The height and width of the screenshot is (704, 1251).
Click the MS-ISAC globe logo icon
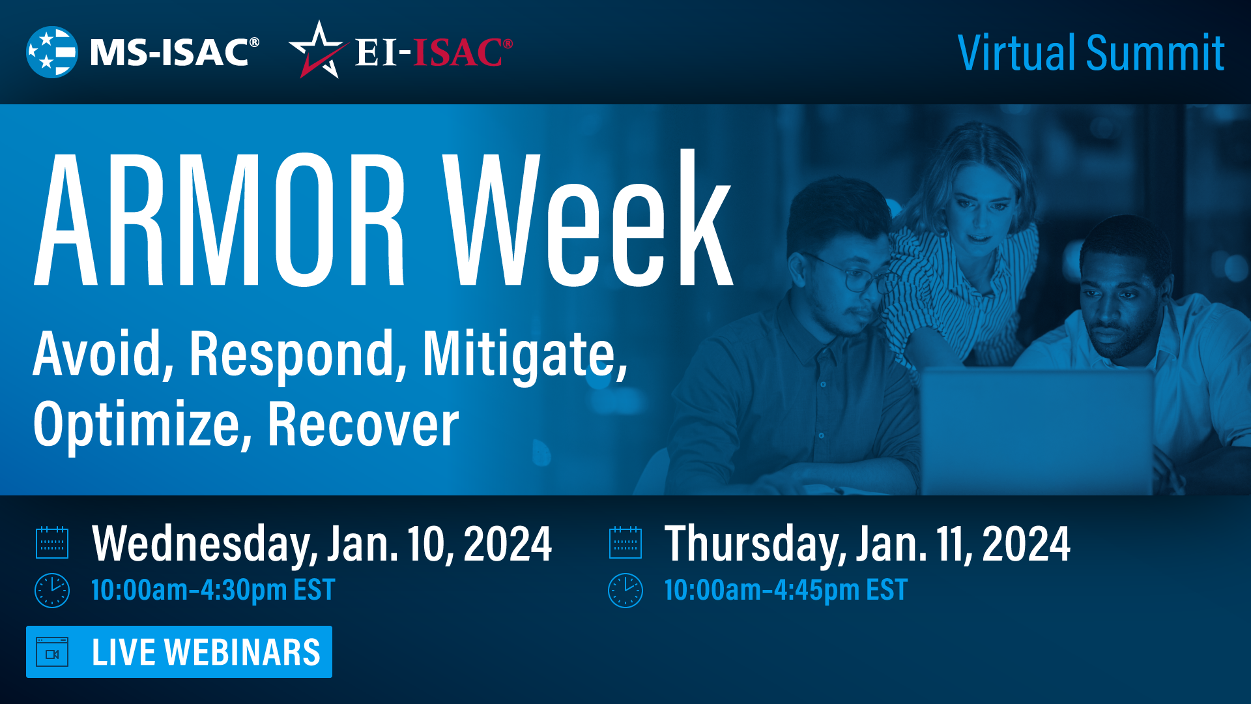tap(51, 52)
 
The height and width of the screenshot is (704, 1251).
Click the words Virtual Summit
tap(1090, 53)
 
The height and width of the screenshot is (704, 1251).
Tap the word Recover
tap(363, 425)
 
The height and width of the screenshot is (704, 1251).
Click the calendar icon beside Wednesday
tap(52, 543)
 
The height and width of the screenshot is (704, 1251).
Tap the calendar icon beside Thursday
tap(625, 543)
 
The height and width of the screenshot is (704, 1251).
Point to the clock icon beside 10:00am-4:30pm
tap(52, 591)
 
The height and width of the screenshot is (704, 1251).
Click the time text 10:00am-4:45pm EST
tap(785, 591)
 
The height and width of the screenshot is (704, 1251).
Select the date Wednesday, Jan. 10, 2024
tap(322, 544)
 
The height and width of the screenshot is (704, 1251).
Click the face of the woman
tap(981, 209)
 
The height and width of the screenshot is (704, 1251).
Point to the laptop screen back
tap(1036, 430)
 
